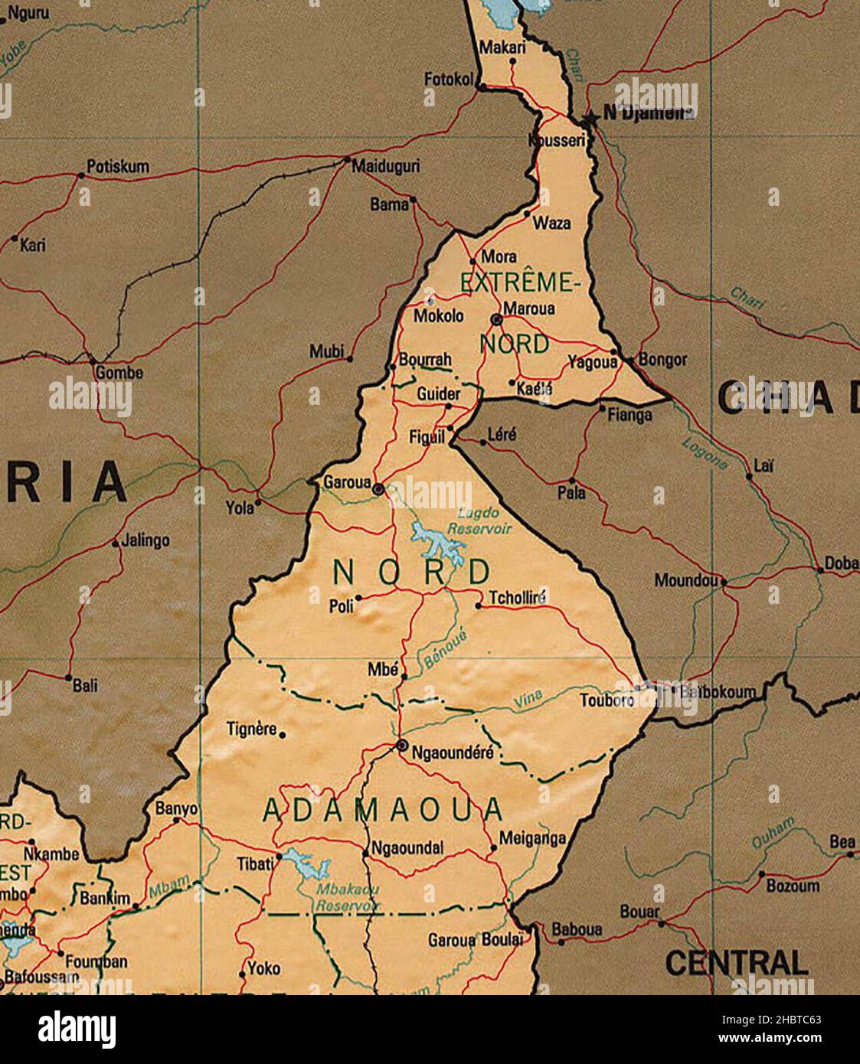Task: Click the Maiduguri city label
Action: click(x=385, y=166)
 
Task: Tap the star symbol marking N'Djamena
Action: click(x=589, y=120)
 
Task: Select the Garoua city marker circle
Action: click(x=378, y=488)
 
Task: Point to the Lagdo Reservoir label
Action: click(x=479, y=521)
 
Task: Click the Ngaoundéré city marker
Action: click(x=401, y=745)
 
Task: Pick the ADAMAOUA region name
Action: click(x=383, y=810)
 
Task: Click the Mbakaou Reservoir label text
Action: click(x=348, y=897)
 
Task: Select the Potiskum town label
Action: click(x=118, y=166)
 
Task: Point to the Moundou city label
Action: click(x=686, y=581)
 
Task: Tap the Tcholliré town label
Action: click(x=517, y=598)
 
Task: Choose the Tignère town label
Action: click(x=251, y=729)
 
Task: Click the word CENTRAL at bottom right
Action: click(x=736, y=962)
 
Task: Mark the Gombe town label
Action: click(x=119, y=373)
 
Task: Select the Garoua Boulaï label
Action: click(x=475, y=940)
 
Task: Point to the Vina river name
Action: click(x=527, y=697)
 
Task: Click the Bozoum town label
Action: click(x=793, y=886)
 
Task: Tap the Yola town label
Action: click(x=240, y=507)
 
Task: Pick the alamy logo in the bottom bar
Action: click(x=77, y=1028)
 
